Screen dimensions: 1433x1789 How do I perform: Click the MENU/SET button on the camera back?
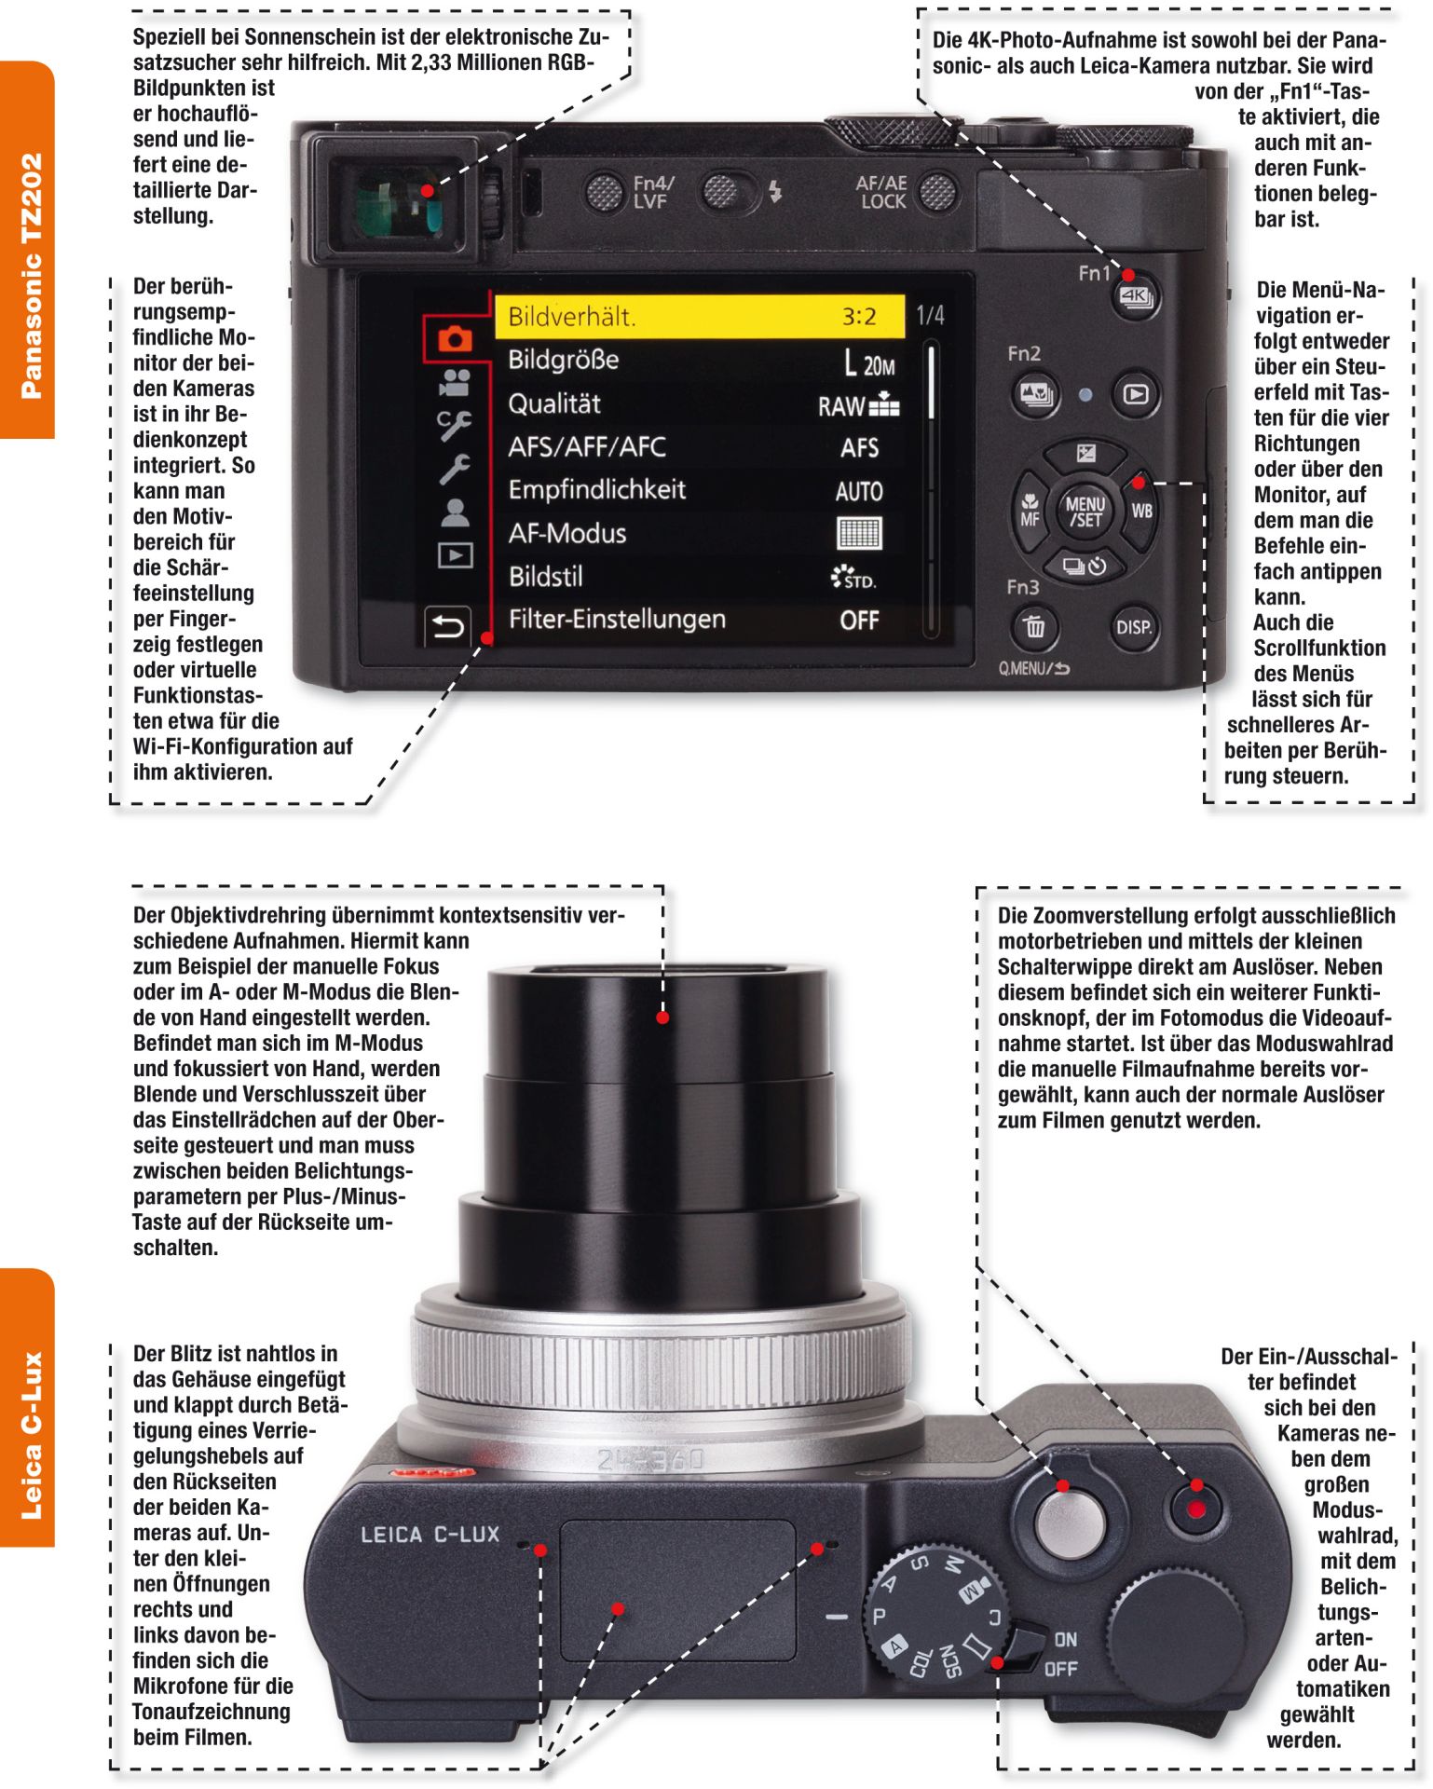pos(1085,512)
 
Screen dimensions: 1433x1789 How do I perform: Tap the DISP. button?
pos(1133,627)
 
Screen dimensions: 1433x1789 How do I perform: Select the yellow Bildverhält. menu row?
pos(699,317)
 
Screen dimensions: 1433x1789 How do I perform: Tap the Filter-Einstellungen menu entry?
pos(617,620)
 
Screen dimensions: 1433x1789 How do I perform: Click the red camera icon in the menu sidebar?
pos(454,338)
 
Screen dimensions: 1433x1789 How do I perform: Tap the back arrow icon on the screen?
pos(447,626)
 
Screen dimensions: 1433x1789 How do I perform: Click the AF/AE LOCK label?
pos(881,192)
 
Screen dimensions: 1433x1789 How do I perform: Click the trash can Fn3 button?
pos(1033,627)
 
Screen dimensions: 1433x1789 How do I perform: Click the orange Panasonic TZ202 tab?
pos(28,250)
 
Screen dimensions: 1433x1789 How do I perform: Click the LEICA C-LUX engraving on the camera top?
pos(430,1535)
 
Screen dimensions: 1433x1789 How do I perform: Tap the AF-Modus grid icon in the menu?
pos(859,534)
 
